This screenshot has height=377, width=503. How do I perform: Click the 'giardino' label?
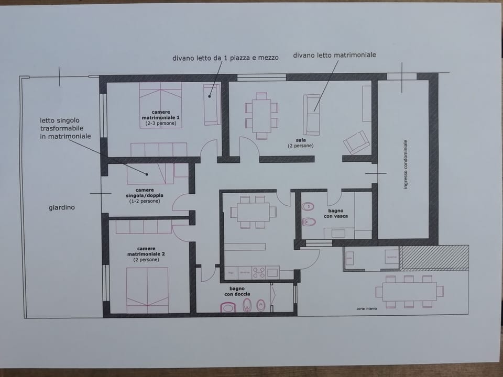tap(62, 207)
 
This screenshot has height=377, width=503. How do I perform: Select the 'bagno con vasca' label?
tap(335, 213)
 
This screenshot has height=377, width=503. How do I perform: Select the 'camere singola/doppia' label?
tap(145, 195)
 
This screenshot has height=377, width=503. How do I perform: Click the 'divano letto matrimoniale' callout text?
tap(334, 55)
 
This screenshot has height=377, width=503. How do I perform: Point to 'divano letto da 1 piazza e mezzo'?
tap(225, 58)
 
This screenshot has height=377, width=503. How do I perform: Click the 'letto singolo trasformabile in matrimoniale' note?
tap(65, 128)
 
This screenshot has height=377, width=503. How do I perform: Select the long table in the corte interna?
tap(409, 291)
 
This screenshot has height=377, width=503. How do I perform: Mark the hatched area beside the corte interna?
tap(434, 257)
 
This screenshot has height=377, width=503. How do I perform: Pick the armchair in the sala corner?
tap(357, 141)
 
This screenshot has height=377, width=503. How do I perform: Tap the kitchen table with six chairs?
tap(253, 211)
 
